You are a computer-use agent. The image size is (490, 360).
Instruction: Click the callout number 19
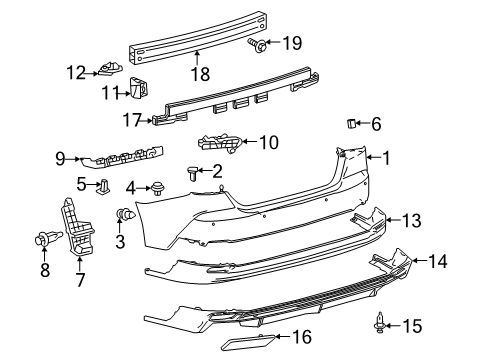coord(291,42)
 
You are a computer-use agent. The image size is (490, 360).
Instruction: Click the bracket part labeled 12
coord(109,70)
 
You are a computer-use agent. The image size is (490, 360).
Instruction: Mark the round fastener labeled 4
coord(156,187)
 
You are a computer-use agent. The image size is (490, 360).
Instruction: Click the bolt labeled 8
coord(46,239)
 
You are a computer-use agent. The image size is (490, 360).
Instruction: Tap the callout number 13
coord(411,221)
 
